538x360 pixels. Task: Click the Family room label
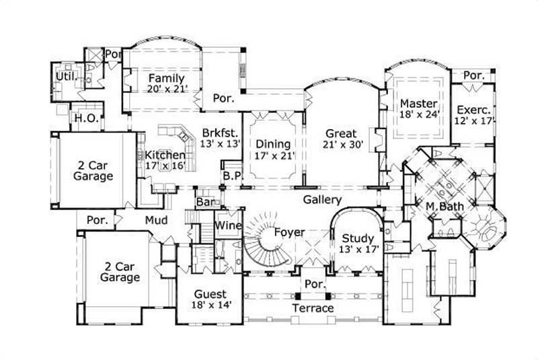pos(166,78)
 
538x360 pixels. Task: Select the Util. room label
pos(65,77)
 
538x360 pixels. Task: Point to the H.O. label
pos(87,118)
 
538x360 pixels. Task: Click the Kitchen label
pos(165,155)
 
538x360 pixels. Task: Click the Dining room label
pos(273,144)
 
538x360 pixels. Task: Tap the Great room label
pos(341,133)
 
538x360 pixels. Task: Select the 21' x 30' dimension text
pos(341,145)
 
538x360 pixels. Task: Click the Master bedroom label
pos(418,104)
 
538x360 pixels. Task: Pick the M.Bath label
pos(443,205)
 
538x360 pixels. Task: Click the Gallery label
pos(322,200)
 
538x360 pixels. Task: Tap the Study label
pos(357,238)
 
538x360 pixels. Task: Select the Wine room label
pos(229,225)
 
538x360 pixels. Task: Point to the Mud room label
pos(156,219)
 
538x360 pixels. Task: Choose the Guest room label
pos(210,295)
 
